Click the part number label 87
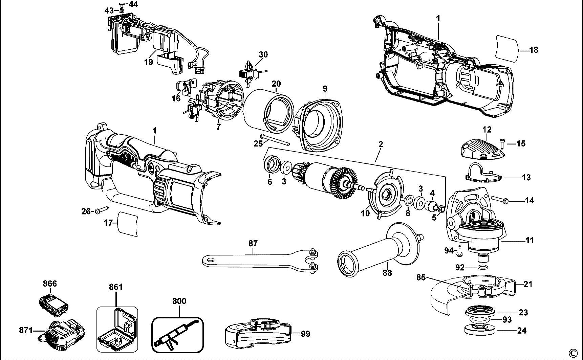point(253,243)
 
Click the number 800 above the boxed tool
point(179,301)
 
